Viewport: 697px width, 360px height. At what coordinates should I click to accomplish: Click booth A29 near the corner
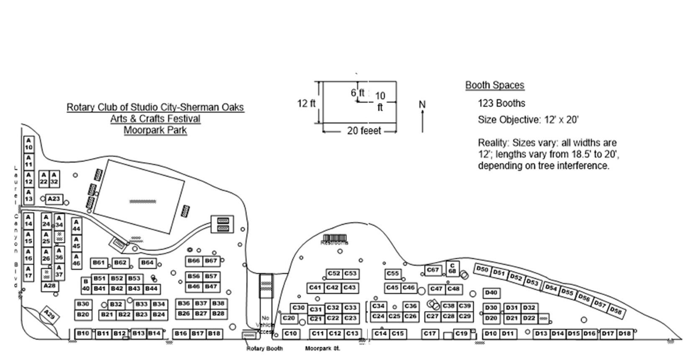coord(49,315)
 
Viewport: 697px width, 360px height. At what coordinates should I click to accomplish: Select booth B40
coord(85,285)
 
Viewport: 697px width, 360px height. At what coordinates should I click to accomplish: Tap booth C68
coord(452,268)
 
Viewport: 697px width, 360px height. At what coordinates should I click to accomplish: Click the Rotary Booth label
coord(265,348)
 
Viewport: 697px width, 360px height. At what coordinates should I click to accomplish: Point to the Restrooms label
coord(334,242)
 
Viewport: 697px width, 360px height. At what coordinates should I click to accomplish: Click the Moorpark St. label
coord(323,348)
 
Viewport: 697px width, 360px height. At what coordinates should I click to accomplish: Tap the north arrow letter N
coord(422,104)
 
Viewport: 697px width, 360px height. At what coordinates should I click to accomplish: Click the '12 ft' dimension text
coord(306,103)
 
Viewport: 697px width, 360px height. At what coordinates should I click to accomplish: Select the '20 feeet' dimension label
coord(364,131)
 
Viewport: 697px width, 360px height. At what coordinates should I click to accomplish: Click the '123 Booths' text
coord(501,103)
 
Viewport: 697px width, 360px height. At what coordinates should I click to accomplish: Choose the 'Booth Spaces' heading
coord(495,85)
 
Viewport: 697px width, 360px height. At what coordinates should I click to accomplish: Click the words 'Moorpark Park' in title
coord(155,130)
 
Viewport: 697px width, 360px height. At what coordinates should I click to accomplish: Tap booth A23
coord(54,199)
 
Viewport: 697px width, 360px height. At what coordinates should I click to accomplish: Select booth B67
coord(211,261)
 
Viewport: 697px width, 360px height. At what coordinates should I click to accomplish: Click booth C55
coord(393,274)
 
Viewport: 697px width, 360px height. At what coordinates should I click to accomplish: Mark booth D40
coord(491,293)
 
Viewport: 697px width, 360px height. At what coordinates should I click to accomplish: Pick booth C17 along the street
coord(430,334)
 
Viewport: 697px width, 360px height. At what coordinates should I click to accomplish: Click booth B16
coord(181,334)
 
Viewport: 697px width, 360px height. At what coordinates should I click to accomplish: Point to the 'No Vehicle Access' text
coord(265,325)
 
